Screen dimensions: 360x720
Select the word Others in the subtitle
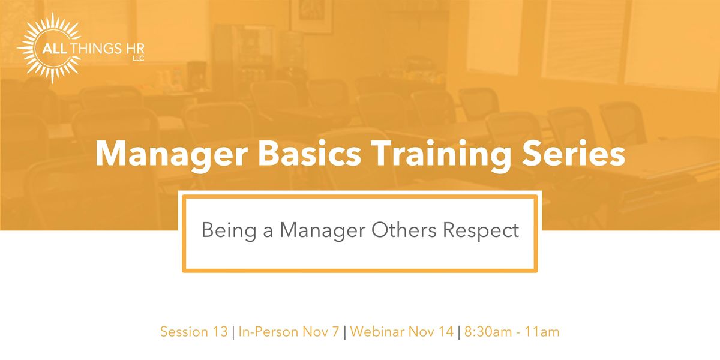tap(410, 230)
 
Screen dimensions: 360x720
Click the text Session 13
tap(193, 332)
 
